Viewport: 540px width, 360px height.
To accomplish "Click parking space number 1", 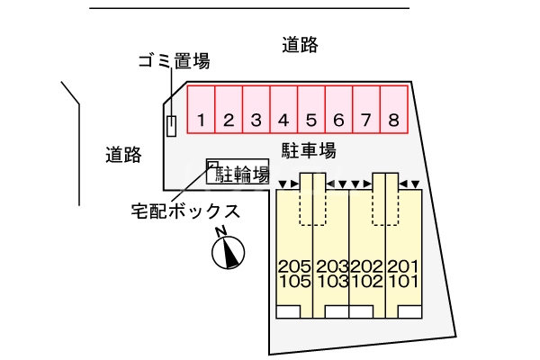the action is coord(202,120).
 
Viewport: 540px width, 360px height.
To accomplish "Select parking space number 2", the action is coord(229,120).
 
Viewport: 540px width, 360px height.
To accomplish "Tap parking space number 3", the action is coord(256,120).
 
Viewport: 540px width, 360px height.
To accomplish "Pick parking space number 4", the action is coord(283,120).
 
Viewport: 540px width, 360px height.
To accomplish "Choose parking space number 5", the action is coord(311,120).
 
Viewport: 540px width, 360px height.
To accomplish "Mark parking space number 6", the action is coord(338,120).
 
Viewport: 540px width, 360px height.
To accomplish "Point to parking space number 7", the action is coord(366,120).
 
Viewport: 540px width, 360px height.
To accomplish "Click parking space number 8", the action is coord(393,120).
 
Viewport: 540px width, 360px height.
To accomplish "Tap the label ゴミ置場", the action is coord(174,61).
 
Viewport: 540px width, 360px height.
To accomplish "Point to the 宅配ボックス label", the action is coord(185,212).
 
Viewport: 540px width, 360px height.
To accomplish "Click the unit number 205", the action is coord(294,266).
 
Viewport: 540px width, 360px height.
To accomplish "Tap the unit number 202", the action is coord(367,266).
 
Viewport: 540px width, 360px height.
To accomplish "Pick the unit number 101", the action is coord(403,282).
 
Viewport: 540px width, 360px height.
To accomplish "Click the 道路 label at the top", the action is coord(300,45).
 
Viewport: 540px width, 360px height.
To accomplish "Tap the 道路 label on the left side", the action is coord(123,155).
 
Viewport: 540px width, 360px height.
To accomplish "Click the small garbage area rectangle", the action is coord(171,126).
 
